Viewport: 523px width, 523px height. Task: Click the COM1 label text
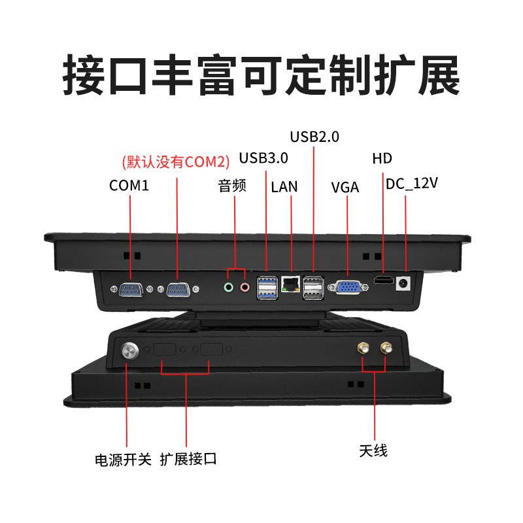[129, 186]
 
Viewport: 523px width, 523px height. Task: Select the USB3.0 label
[263, 158]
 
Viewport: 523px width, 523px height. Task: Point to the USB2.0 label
[314, 137]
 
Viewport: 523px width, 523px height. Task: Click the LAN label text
[284, 187]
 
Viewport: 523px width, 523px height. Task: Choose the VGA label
[345, 188]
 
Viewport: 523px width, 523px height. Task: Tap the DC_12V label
[411, 184]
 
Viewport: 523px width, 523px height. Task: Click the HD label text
[382, 158]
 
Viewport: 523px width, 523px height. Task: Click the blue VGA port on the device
[346, 286]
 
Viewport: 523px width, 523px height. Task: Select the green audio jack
[228, 287]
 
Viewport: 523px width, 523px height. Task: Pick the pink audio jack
[245, 287]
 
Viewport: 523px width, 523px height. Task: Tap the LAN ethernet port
[290, 284]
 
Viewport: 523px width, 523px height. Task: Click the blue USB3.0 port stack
[267, 286]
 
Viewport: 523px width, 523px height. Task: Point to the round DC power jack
[405, 283]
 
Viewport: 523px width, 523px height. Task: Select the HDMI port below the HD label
[382, 281]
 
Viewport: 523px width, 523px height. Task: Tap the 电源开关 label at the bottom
[123, 460]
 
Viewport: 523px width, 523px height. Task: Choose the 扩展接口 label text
[188, 460]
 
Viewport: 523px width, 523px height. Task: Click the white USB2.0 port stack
[312, 286]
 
